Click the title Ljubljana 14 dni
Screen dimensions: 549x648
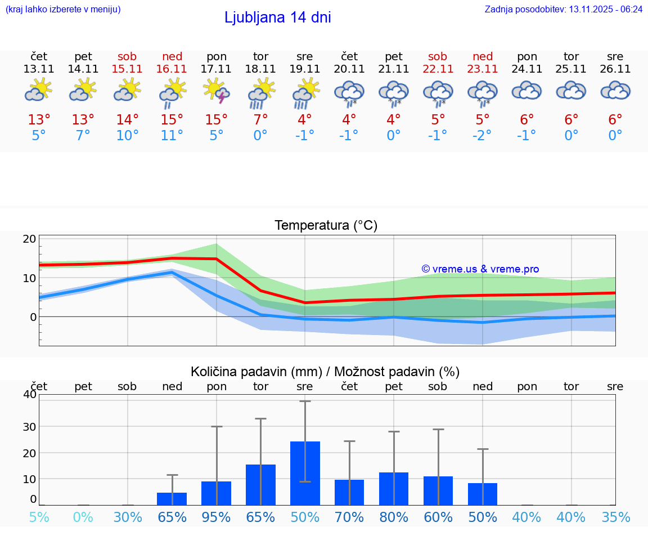277,17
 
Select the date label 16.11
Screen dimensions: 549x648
172,69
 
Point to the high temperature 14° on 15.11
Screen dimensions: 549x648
128,119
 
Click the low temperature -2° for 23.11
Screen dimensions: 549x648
482,135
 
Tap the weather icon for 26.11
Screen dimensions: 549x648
615,91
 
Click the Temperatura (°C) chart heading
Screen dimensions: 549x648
326,225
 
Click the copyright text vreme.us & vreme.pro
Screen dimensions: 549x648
480,269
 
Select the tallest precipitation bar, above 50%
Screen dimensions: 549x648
305,473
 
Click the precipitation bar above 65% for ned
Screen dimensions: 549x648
172,499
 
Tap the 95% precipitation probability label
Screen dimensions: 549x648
217,517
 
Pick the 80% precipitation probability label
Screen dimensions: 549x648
394,517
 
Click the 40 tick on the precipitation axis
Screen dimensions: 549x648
30,394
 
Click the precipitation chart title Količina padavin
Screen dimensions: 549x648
325,372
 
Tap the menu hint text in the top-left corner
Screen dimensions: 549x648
63,10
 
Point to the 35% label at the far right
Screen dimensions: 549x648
615,517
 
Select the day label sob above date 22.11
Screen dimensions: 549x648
438,56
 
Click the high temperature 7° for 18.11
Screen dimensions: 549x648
260,119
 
